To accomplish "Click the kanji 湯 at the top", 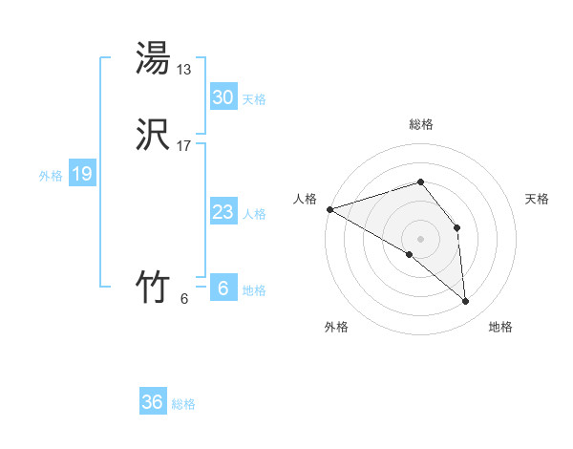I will click(x=153, y=58).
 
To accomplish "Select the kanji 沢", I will click(x=153, y=135).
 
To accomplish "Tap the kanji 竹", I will click(x=153, y=287).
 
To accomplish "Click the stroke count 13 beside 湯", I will click(x=184, y=70).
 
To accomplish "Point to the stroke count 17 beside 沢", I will click(x=184, y=146).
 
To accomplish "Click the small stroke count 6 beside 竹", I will click(x=183, y=299).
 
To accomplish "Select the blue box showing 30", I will click(x=223, y=97).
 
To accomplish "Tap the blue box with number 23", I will click(x=223, y=212).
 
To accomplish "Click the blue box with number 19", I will click(x=82, y=174).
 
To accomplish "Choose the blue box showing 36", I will click(x=153, y=402).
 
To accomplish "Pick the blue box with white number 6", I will click(x=223, y=289).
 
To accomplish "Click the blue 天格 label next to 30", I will click(x=254, y=99).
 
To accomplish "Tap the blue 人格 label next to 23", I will click(x=254, y=214).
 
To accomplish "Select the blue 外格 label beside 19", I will click(x=51, y=176).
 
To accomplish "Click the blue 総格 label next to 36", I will click(x=183, y=404).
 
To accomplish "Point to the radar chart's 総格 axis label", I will click(x=420, y=124).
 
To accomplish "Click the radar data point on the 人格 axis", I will click(x=329, y=209).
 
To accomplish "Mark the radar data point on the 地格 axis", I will click(x=465, y=301).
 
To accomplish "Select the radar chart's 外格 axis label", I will click(x=336, y=327).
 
